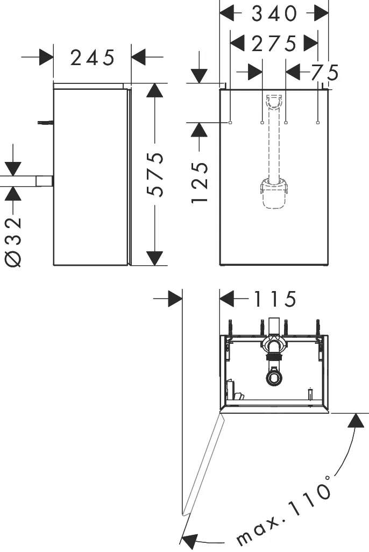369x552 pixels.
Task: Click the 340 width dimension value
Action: pos(274,13)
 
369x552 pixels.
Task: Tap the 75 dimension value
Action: pos(324,72)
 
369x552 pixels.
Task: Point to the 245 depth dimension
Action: pos(93,57)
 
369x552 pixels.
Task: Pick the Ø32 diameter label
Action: pos(14,242)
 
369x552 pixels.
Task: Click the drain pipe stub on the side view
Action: pos(45,181)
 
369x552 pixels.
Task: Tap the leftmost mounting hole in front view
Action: pos(230,123)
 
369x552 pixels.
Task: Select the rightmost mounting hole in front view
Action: pos(318,123)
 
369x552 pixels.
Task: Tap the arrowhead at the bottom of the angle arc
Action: pos(191,540)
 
